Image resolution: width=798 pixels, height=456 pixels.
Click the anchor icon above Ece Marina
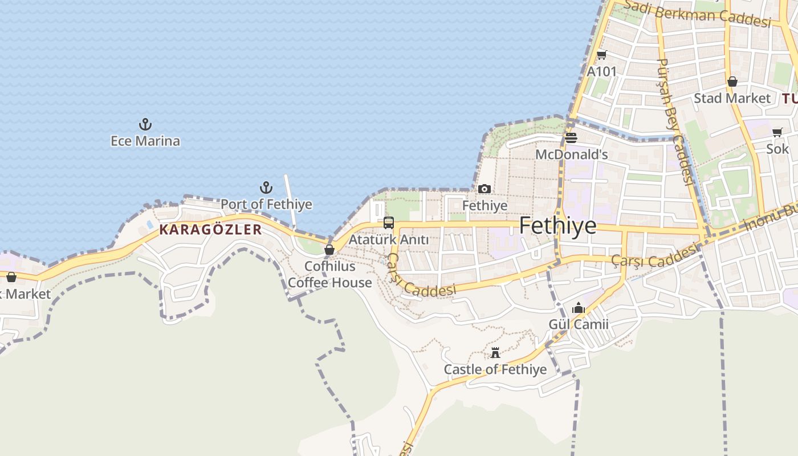[145, 124]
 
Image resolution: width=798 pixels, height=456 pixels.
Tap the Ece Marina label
[145, 141]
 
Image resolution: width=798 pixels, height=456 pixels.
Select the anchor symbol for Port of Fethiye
[266, 187]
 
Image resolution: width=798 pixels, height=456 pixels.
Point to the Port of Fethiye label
[266, 204]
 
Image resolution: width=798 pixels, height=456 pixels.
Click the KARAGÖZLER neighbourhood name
[210, 230]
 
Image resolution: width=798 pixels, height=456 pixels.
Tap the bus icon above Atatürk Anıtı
[389, 223]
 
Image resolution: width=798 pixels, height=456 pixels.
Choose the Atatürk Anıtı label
[389, 239]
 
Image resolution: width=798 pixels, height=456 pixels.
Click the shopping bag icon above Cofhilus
[329, 250]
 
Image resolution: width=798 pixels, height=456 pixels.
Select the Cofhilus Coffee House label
[329, 274]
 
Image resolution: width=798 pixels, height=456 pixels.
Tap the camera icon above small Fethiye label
[484, 189]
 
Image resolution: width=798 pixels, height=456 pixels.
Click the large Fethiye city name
[557, 226]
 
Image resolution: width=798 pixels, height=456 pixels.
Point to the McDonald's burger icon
[571, 138]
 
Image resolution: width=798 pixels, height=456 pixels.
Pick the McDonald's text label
[571, 154]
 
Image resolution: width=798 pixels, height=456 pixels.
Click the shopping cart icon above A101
[602, 55]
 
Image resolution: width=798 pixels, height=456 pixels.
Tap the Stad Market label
[732, 98]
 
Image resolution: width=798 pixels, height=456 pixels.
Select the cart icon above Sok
[777, 133]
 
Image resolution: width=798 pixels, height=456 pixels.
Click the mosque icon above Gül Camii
[579, 308]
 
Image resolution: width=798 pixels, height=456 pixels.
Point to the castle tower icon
[495, 353]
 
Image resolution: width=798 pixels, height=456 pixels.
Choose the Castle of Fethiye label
[495, 369]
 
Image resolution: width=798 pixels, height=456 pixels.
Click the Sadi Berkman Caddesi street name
[698, 14]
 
